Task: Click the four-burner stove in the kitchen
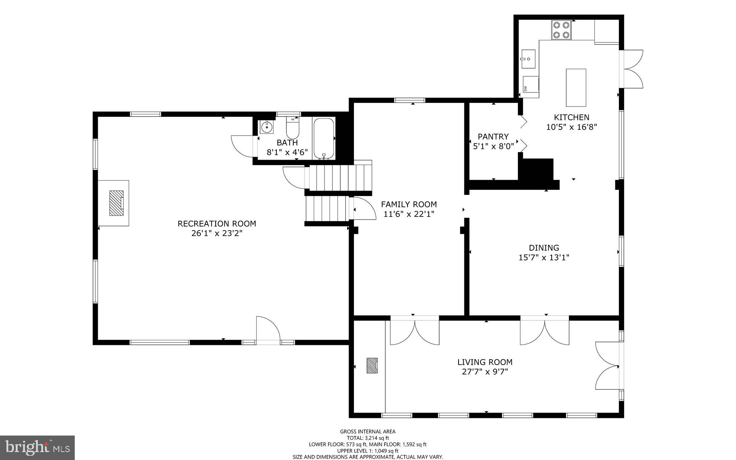point(561,30)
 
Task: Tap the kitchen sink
point(528,59)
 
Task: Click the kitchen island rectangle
point(576,87)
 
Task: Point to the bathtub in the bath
point(324,138)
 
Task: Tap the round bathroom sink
point(267,127)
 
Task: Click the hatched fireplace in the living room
point(372,365)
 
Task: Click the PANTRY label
point(493,137)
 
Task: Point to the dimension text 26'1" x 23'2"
point(217,233)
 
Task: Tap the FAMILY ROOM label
point(409,204)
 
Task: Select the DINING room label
point(544,248)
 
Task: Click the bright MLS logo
point(37,448)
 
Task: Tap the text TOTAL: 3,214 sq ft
point(368,438)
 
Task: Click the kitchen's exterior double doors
point(632,69)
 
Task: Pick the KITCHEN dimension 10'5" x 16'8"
point(571,127)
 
